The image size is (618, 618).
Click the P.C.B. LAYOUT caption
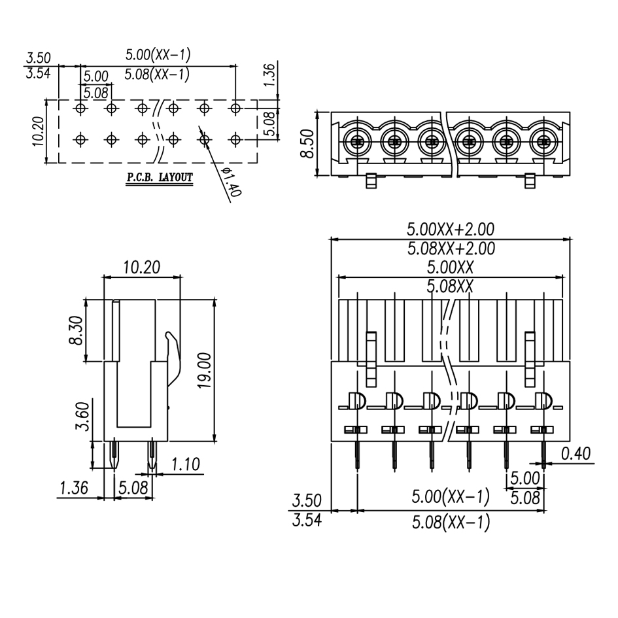(160, 177)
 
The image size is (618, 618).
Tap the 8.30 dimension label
(77, 331)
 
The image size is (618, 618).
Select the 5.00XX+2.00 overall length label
(451, 230)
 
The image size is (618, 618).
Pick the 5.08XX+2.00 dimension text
(451, 249)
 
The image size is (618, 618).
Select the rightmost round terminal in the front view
(542, 140)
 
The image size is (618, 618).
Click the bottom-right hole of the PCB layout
(235, 139)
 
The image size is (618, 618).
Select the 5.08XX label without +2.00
(450, 286)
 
